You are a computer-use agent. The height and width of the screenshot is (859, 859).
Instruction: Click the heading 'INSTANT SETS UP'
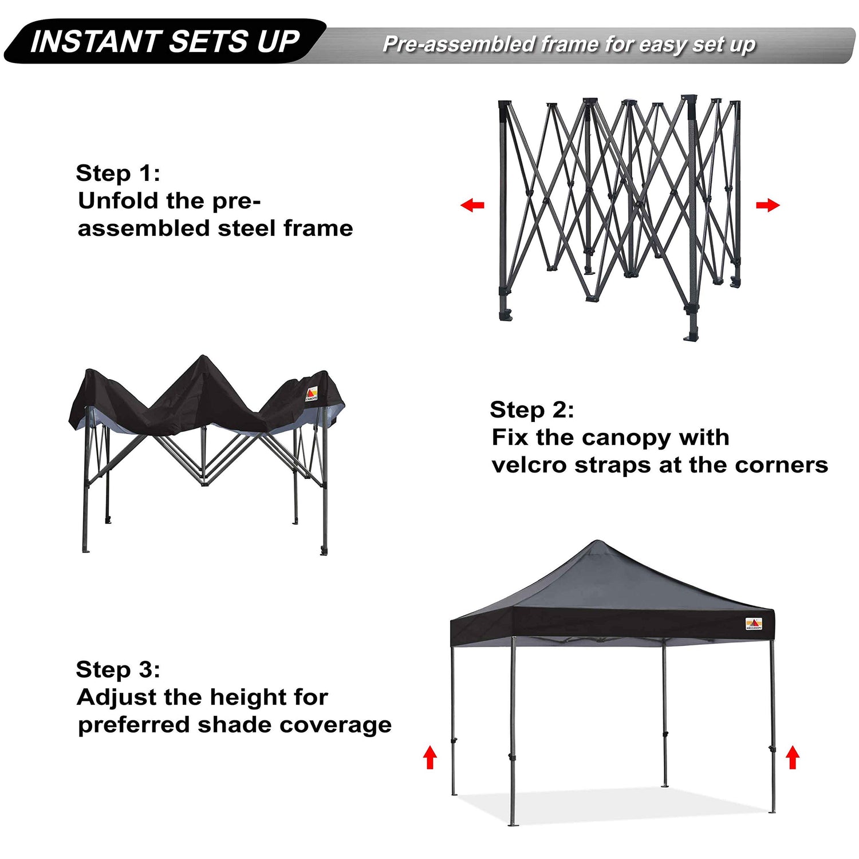(x=165, y=42)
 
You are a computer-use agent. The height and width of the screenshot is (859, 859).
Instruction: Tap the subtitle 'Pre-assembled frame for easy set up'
(x=569, y=44)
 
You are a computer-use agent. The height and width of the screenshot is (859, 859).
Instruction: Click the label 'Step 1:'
(x=118, y=173)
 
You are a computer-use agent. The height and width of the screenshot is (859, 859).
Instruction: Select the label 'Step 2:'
(x=532, y=410)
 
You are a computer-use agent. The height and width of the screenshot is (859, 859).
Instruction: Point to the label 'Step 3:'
(x=118, y=669)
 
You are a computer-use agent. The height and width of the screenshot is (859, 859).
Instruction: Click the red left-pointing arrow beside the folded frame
(x=472, y=205)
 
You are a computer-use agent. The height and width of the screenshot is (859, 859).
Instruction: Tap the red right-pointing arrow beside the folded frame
(x=768, y=205)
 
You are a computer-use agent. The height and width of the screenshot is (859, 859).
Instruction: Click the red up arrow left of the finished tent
(x=430, y=758)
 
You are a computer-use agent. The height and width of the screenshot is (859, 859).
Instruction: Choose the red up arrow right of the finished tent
(x=793, y=758)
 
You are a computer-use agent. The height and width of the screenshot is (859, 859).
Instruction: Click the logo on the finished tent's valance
(x=754, y=624)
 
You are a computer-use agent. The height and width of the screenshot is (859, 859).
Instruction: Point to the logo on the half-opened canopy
(x=312, y=394)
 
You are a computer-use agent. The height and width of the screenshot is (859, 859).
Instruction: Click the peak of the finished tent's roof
(x=597, y=541)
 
